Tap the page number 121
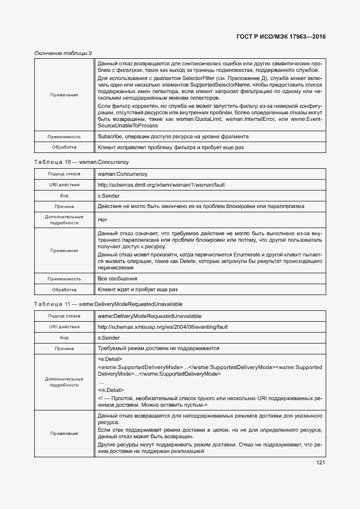pos(320,463)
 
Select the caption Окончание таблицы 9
pos(63,53)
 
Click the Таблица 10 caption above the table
pos(81,162)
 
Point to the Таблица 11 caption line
pos(108,304)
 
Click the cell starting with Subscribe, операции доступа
pos(173,136)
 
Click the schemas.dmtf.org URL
pos(161,185)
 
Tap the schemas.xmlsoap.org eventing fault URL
pos(162,327)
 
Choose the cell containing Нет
pos(102,220)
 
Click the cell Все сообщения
pos(118,279)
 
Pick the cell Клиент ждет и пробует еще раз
pos(137,290)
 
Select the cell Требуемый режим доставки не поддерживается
pos(158,348)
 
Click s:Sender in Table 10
pos(108,196)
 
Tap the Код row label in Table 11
pos(64,338)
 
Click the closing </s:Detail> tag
pos(111,390)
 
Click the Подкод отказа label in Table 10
pos(64,174)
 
